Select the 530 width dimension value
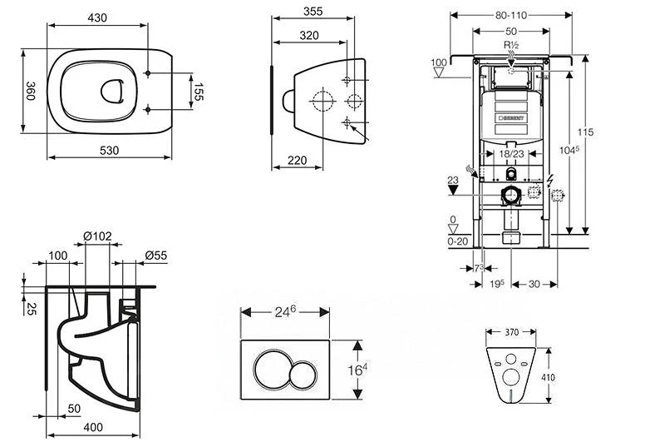[x=108, y=150]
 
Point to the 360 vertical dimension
[x=29, y=91]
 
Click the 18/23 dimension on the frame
[x=512, y=153]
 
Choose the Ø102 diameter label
[x=98, y=236]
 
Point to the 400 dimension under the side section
[x=92, y=427]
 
